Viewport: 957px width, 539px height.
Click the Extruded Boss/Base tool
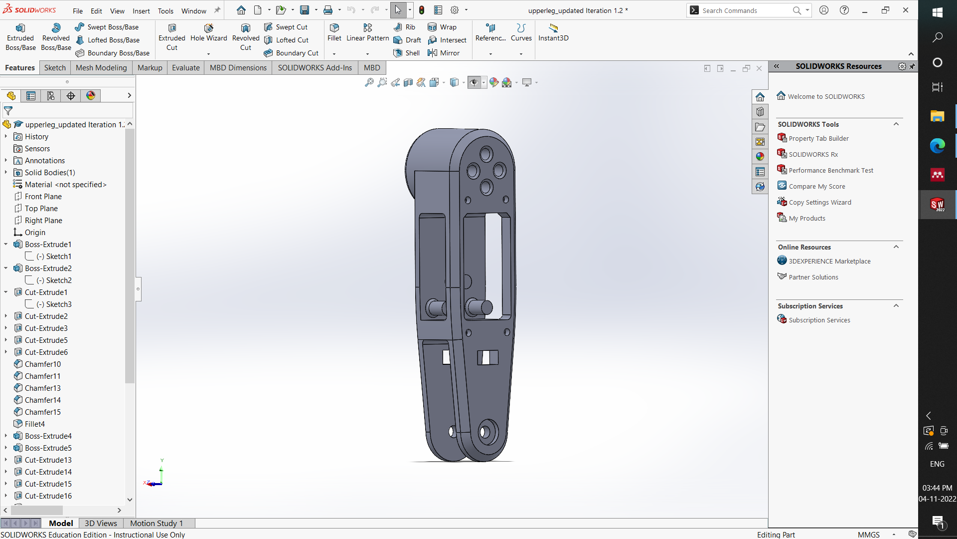tap(20, 36)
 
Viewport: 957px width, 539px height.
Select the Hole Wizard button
tap(208, 32)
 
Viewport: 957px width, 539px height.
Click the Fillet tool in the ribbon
tap(334, 32)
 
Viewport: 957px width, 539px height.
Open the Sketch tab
tap(55, 68)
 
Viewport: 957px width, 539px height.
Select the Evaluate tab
tap(185, 68)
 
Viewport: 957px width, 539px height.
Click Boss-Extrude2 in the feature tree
tap(48, 269)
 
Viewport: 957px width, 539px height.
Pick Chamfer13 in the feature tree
tap(42, 388)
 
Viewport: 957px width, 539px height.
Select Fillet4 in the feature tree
tap(34, 424)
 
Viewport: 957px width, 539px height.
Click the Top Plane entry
tap(41, 209)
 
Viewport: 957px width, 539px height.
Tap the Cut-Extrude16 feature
tap(48, 496)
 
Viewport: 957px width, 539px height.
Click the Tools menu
tap(165, 11)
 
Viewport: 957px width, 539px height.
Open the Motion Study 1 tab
tap(156, 523)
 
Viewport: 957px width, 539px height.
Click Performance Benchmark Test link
tap(830, 171)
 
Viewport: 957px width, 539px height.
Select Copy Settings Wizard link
tap(819, 203)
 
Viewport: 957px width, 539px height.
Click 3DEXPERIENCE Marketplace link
tap(829, 262)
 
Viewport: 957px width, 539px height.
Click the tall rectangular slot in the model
tap(494, 265)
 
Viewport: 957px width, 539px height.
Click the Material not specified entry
tap(65, 185)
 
